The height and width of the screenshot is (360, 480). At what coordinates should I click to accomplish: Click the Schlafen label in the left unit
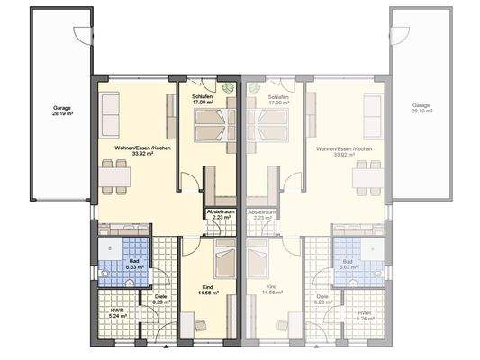pyautogui.click(x=202, y=99)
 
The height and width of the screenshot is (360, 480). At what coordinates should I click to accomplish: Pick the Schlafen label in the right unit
pyautogui.click(x=278, y=99)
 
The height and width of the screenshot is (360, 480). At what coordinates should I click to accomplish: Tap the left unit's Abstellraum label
pyautogui.click(x=220, y=214)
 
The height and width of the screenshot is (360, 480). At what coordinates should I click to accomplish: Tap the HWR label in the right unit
pyautogui.click(x=364, y=314)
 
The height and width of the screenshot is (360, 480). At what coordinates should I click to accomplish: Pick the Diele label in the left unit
pyautogui.click(x=161, y=298)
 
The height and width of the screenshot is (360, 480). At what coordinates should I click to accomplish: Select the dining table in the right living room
pyautogui.click(x=365, y=174)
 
